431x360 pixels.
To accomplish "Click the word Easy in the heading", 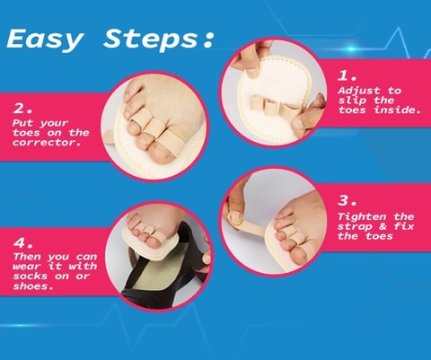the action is pos(45,40).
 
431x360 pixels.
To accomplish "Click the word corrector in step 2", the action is pos(47,143).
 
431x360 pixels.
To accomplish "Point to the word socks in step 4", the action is pos(31,276).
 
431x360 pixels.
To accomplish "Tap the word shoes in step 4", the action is pos(33,285).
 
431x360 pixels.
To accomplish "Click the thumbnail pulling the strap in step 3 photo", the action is pos(236,217).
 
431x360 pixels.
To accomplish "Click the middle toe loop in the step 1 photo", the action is pos(271,107).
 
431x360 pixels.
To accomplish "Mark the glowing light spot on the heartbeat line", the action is pos(351,48).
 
